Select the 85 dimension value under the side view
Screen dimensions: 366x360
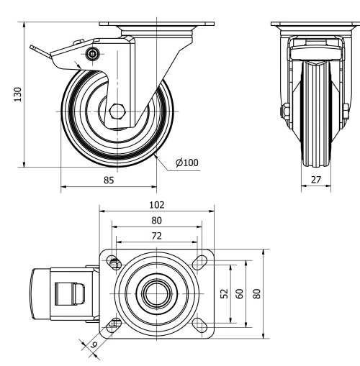point(109,180)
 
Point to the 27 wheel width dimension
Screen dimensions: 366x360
point(315,180)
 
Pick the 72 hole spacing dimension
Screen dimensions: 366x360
point(157,236)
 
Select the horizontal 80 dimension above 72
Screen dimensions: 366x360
point(157,221)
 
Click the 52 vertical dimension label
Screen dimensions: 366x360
point(224,293)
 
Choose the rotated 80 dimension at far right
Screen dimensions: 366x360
point(257,293)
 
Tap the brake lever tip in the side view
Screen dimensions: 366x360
point(33,48)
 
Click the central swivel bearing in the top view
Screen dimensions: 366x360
point(156,293)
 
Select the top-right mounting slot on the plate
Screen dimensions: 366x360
point(199,263)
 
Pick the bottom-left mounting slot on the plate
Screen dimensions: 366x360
point(114,325)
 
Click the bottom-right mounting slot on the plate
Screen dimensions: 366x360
point(199,325)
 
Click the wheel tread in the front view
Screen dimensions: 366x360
point(315,115)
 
